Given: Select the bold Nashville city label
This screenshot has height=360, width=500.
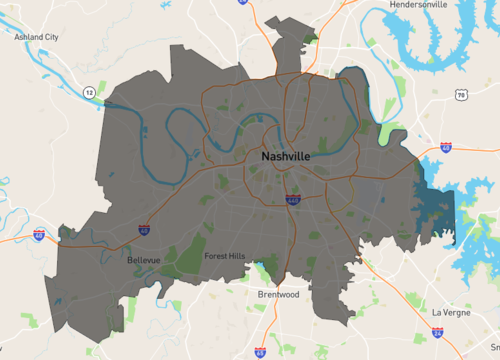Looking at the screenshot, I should point(285,158).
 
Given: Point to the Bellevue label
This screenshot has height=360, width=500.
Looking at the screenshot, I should point(145,261).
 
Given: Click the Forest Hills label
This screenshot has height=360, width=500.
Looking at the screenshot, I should point(224,257).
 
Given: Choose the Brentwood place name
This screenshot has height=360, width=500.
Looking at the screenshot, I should point(278,295).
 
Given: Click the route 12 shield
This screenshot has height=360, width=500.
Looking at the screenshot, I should point(89,93).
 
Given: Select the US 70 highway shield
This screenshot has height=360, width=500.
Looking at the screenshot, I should point(460,94).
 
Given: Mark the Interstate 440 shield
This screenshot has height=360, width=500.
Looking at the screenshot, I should point(291,200).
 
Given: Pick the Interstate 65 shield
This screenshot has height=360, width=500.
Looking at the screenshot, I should point(260,352).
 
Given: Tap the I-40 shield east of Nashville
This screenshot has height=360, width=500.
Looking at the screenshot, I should point(445,147).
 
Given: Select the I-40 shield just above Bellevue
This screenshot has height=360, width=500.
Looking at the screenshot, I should point(144,229).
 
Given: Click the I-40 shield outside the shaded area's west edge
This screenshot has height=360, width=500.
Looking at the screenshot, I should point(39,235).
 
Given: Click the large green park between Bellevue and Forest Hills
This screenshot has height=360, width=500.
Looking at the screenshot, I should point(190,255).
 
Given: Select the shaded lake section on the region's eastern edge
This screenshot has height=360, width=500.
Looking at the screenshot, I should point(436,205).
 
